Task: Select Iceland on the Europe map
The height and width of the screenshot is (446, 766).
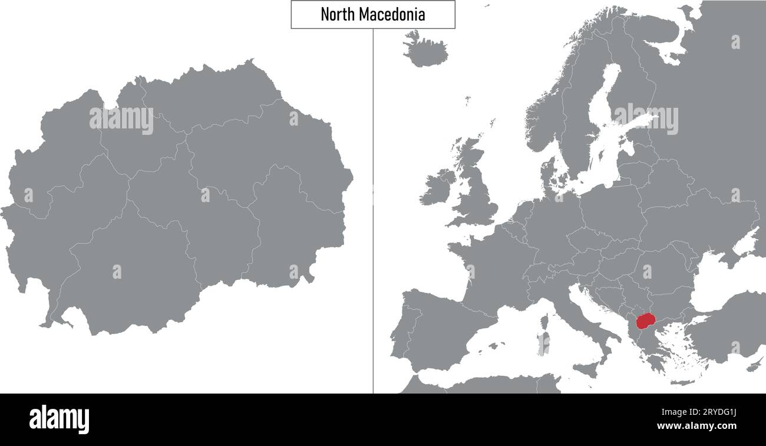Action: pyautogui.click(x=424, y=49)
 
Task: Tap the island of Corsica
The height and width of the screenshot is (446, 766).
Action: pyautogui.click(x=546, y=322)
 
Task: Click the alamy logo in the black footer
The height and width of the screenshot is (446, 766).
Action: pyautogui.click(x=59, y=418)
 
